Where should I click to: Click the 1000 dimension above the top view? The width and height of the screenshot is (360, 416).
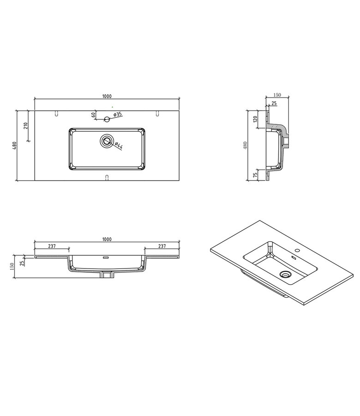point(107,96)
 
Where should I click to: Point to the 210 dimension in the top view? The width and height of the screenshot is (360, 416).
point(26,125)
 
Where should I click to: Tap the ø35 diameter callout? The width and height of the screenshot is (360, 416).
point(117,114)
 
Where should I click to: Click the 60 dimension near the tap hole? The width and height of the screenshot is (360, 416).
point(93,115)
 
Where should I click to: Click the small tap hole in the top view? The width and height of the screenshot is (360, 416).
point(107,119)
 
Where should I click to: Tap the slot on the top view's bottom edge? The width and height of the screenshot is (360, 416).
point(107,177)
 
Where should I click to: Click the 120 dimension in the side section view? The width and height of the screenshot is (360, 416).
point(254,119)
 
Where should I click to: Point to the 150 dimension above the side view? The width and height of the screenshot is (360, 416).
point(277,95)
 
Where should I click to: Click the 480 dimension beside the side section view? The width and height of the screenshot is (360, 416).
point(246,145)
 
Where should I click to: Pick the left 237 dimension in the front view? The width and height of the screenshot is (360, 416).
point(52,246)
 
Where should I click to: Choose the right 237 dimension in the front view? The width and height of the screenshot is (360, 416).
point(162,246)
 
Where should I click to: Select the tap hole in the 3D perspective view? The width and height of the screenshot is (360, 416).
point(296,253)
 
